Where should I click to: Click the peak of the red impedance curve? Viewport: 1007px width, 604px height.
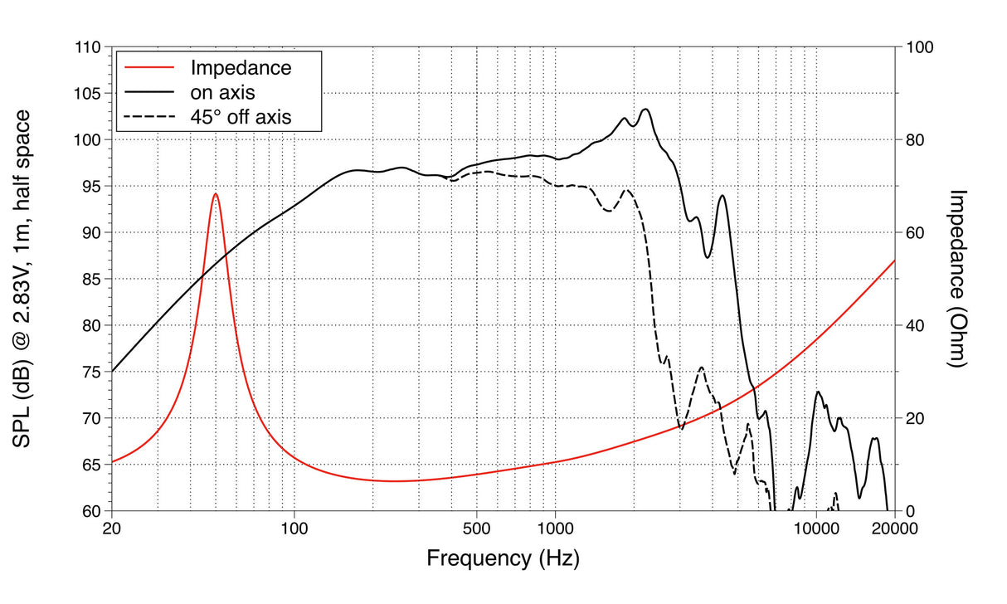point(215,193)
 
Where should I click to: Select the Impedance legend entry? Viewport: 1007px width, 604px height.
point(241,68)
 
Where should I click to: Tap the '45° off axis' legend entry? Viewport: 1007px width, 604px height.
point(241,117)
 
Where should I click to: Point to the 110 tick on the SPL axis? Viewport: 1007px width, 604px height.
point(87,48)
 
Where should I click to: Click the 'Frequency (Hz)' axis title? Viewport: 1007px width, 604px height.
point(503,558)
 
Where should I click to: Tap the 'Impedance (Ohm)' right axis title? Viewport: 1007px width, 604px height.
point(957,279)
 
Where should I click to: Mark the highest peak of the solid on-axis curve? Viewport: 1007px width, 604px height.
point(645,109)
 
